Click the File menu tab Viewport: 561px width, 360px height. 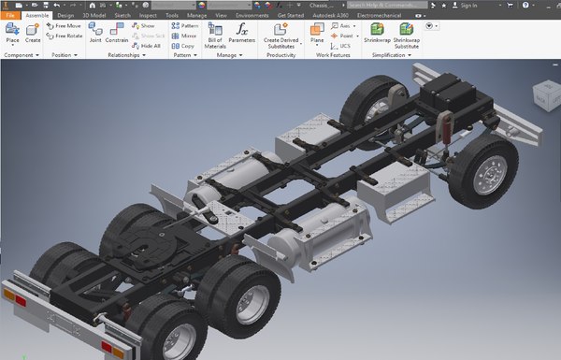10,15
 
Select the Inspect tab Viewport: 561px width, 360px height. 148,15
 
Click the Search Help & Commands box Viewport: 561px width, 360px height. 379,5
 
